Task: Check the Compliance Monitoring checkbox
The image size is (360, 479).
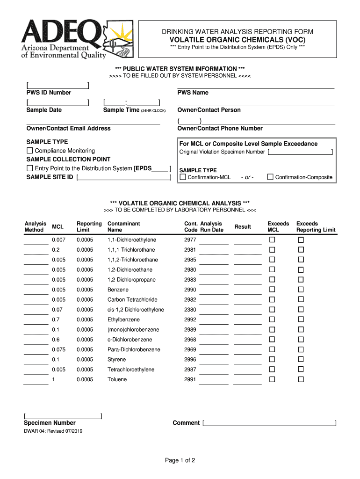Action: click(x=30, y=151)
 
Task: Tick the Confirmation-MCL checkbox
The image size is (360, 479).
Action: click(x=183, y=177)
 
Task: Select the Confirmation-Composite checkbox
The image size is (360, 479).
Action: click(x=270, y=177)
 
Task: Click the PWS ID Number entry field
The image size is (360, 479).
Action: click(x=58, y=85)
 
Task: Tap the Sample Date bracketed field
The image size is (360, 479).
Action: click(x=58, y=102)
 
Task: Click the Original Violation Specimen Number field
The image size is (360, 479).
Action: click(x=300, y=152)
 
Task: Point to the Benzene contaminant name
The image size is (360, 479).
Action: click(x=118, y=290)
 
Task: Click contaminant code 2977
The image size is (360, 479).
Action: click(x=190, y=240)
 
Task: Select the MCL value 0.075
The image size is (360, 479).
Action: click(x=59, y=350)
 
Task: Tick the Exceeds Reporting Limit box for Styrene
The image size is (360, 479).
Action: click(x=301, y=360)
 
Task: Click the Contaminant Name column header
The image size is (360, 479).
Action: click(x=123, y=227)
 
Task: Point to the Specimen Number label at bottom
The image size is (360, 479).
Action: click(x=50, y=423)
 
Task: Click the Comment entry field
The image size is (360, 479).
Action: click(x=270, y=423)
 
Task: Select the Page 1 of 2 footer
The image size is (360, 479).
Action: click(x=180, y=461)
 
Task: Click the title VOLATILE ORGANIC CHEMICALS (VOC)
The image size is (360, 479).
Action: click(x=238, y=40)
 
